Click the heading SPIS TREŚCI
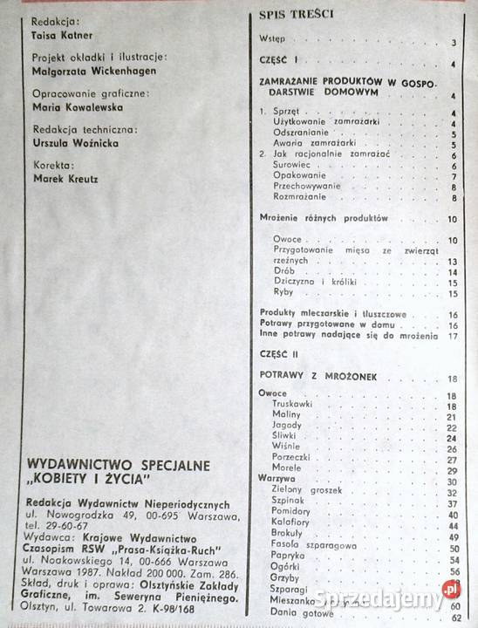(296, 15)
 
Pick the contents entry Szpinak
(290, 503)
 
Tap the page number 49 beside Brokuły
(454, 537)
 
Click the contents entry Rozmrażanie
(299, 198)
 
